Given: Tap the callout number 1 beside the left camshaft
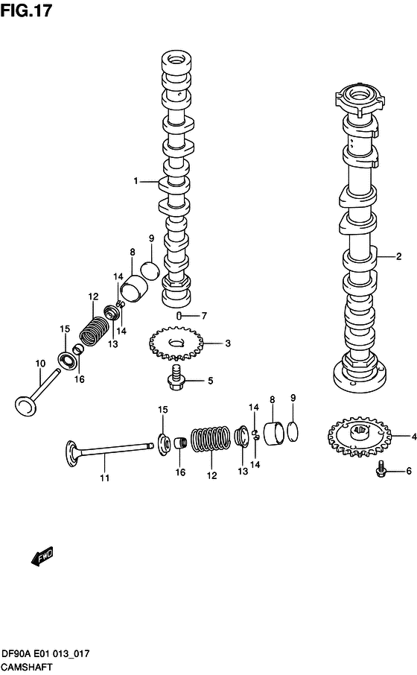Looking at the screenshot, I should coord(136,181).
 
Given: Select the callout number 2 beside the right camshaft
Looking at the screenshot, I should coord(398,257).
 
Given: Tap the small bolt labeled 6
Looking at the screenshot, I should coord(381,470).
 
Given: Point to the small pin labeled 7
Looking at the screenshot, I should coord(179,316).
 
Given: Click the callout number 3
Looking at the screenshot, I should coord(228,343).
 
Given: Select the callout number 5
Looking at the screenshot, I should coord(210,381).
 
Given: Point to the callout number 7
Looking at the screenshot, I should coord(203,315).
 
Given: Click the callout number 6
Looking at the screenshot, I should coord(408,470).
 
